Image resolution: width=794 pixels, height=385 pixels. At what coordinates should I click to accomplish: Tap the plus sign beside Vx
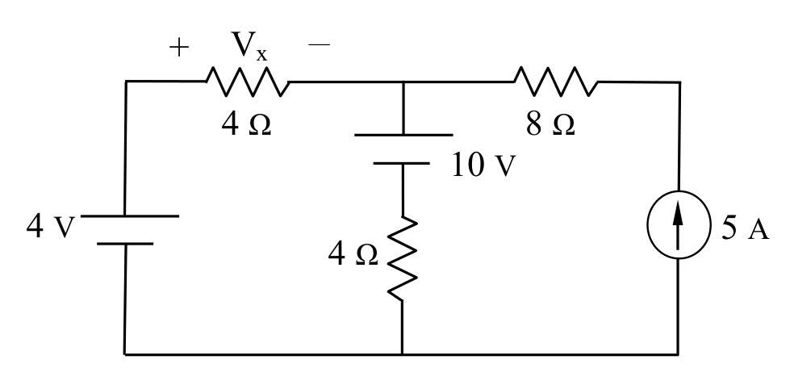coord(179,48)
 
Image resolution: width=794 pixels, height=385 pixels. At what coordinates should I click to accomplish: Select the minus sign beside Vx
coord(319,45)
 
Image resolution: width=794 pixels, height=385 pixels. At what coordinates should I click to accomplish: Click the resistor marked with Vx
coord(248,82)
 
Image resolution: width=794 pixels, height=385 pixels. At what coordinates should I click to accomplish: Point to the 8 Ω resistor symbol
coord(556,82)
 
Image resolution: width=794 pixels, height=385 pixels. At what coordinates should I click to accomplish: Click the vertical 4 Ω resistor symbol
coord(403,259)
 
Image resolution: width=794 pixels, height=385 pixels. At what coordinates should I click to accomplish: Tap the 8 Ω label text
coord(550,124)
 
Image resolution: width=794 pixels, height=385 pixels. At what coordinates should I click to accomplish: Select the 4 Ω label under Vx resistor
coord(247,124)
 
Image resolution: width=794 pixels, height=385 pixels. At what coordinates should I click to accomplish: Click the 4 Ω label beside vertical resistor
coord(353,253)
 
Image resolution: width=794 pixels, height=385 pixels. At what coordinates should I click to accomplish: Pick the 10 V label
coord(483,165)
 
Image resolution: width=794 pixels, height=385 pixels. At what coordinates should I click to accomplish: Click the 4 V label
coord(51,226)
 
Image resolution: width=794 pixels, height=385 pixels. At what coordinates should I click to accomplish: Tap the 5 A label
coord(745,228)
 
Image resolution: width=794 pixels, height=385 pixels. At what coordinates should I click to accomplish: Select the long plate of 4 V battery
coord(130,216)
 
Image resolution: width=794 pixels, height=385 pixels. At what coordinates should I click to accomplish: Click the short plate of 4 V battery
coord(125,245)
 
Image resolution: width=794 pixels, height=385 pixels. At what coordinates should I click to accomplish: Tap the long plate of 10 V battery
coord(403,136)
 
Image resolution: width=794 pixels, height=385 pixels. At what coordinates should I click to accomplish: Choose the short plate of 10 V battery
coord(402,164)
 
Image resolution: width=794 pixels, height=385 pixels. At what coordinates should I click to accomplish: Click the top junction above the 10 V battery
coord(403,82)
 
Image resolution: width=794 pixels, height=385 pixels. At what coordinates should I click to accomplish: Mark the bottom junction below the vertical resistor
coord(402,354)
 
